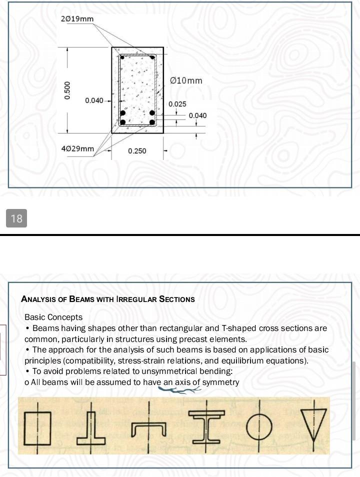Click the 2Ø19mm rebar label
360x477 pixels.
[x=77, y=19]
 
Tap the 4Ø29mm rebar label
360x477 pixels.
[x=77, y=149]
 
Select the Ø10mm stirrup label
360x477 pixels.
[x=186, y=80]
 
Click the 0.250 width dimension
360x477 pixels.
[x=137, y=151]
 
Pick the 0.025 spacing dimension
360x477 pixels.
[x=177, y=104]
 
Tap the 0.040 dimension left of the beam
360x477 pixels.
[x=94, y=100]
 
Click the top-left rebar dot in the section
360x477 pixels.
[x=122, y=57]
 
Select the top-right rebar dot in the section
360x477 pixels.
[x=152, y=57]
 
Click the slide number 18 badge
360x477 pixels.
[x=16, y=218]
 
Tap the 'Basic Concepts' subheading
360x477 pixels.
[x=53, y=317]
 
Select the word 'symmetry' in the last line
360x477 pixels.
[x=220, y=382]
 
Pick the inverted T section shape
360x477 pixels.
[x=91, y=428]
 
